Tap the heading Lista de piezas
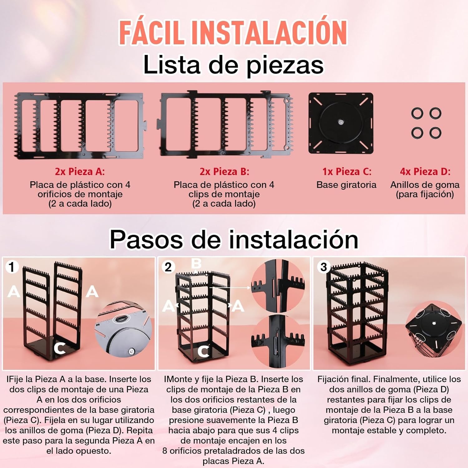point(233,65)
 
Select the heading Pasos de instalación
point(234,239)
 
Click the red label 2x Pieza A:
point(80,171)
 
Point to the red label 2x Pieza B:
point(224,171)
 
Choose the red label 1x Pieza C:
point(347,171)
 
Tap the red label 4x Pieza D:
point(425,171)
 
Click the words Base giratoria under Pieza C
point(346,185)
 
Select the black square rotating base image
point(341,123)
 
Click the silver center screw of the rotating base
point(341,122)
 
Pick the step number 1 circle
point(12,267)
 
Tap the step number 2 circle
point(168,267)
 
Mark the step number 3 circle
point(324,267)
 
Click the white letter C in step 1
point(60,348)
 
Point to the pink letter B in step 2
point(196,264)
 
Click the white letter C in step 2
point(203,351)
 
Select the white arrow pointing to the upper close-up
point(230,287)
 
